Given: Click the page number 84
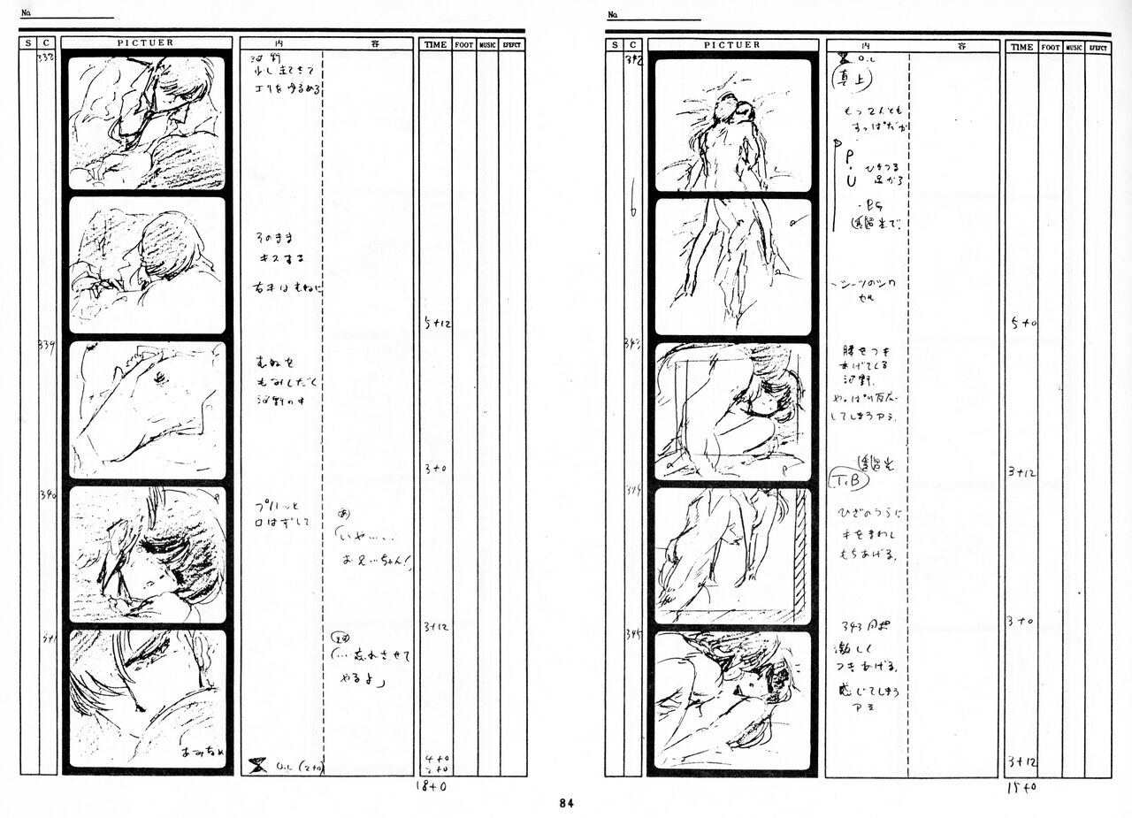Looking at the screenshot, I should coord(566,804).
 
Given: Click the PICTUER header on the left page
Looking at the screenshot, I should coord(146,42).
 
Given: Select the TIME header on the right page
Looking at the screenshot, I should coord(1021,47).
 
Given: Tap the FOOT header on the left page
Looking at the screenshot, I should coord(464,43).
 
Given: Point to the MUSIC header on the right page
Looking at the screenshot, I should coord(1074,47).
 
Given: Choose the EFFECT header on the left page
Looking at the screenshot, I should coord(512,43).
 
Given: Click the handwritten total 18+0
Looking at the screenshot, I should coord(431,784).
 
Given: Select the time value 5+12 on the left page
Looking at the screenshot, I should coord(437,325).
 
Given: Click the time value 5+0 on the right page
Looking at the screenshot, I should coord(1024,324).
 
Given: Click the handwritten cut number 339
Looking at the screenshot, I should coord(47,347).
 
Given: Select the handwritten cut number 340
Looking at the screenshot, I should coord(48,495).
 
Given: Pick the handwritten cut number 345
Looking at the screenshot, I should coord(634,634).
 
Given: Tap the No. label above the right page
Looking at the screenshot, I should coord(611,15).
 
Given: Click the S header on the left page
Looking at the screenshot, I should coord(28,42).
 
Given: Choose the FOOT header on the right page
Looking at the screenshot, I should coord(1050,47).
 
